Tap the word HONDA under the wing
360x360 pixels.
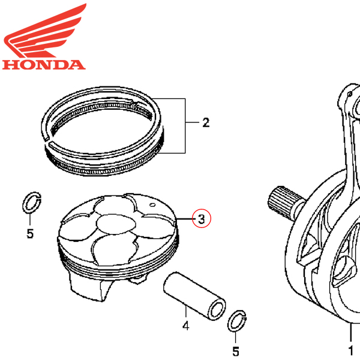[x=43, y=64]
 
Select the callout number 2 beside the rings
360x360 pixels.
[x=206, y=124]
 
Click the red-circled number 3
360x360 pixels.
[x=202, y=218]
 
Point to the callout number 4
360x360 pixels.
[x=186, y=326]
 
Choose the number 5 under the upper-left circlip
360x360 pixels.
[x=30, y=233]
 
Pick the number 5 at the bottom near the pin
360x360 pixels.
[x=236, y=351]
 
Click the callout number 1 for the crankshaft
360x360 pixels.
[x=351, y=350]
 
